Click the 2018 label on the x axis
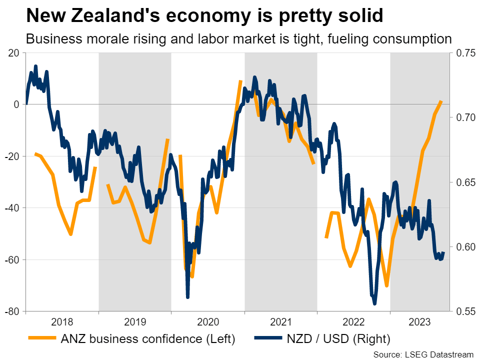click(x=62, y=321)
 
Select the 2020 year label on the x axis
click(x=208, y=321)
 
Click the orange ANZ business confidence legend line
click(x=43, y=339)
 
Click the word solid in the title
click(x=360, y=16)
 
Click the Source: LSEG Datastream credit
click(x=423, y=354)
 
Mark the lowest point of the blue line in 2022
click(x=374, y=303)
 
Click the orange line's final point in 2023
click(x=441, y=101)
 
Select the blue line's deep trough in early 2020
click(x=187, y=297)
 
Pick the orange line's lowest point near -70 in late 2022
click(x=386, y=285)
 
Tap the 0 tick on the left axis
click(x=16, y=104)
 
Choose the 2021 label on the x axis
click(x=281, y=321)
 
